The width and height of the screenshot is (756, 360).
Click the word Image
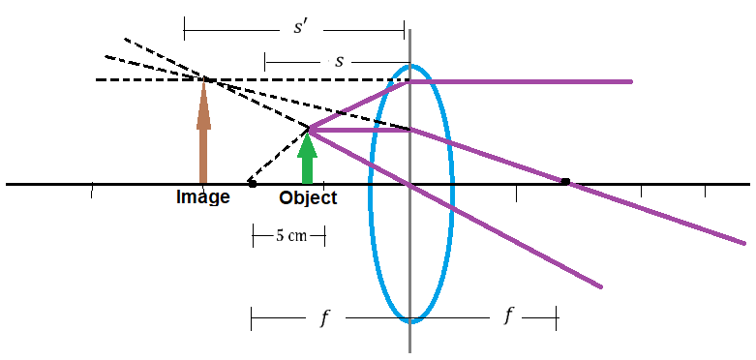pos(202,197)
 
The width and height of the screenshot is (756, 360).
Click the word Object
pos(308,197)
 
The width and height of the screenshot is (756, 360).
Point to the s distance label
pos(340,62)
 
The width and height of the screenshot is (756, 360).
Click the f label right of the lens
pos(507,316)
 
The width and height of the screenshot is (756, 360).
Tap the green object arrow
pos(307,159)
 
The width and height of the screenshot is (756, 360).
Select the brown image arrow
pos(203,130)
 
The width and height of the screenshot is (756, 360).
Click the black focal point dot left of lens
pos(252,184)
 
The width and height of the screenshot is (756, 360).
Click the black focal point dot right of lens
pos(565,182)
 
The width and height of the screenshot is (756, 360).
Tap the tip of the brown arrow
pos(203,78)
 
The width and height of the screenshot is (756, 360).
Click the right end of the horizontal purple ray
pos(630,81)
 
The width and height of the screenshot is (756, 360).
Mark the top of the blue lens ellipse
pos(410,66)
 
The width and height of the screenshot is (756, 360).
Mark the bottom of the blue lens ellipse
pos(410,320)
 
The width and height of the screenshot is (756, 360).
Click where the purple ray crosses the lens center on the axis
pos(410,184)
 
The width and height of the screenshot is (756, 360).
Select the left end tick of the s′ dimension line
pos(184,30)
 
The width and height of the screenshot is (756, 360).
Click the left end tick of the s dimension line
pos(265,63)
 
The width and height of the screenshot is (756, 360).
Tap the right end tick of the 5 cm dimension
pos(324,236)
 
